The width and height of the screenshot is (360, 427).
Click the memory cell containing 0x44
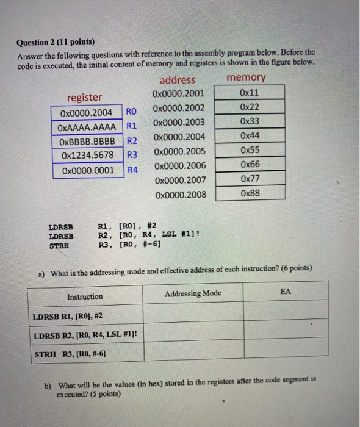point(250,136)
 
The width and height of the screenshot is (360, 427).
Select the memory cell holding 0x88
point(250,194)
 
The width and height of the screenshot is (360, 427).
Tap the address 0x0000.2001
point(180,93)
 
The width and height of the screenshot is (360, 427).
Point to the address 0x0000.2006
point(180,165)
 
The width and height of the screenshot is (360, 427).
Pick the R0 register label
point(132,112)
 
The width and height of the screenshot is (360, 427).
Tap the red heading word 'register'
point(85,97)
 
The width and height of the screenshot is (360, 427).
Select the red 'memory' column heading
point(246,77)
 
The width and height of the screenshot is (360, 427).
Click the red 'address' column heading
point(178,80)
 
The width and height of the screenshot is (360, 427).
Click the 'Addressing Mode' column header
point(193,293)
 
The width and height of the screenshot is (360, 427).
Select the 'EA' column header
point(286,292)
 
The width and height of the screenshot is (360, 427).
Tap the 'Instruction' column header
point(85,296)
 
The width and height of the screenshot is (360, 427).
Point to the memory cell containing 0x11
point(250,93)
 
